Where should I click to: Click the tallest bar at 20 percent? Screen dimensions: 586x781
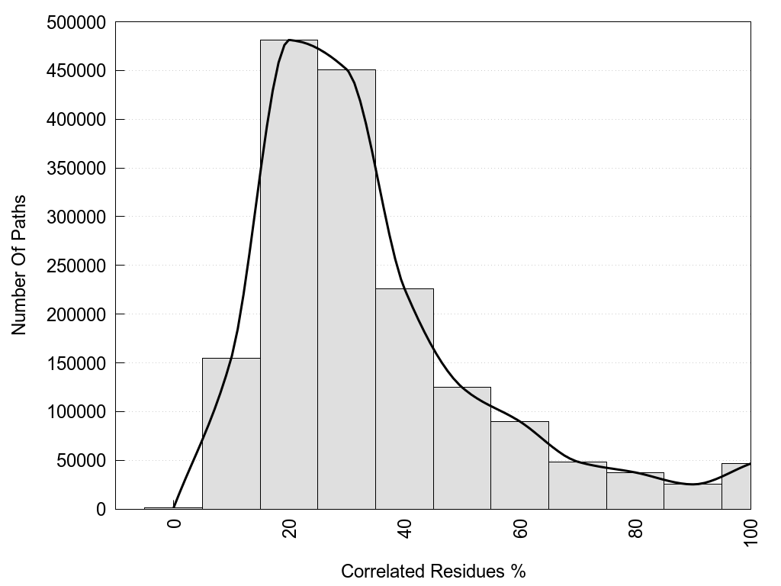pos(289,275)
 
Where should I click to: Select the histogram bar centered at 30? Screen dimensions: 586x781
pos(346,290)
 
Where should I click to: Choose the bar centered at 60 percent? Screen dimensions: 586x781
pos(519,465)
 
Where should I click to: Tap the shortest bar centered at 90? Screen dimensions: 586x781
pos(693,497)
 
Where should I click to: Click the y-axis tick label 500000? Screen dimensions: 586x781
pos(76,22)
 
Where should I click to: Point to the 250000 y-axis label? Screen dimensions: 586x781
pos(76,266)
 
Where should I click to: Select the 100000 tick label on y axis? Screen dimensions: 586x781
pos(76,412)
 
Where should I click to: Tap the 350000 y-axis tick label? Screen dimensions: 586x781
pos(76,169)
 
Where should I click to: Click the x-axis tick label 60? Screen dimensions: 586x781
pos(520,529)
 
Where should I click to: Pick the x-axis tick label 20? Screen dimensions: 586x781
pos(289,529)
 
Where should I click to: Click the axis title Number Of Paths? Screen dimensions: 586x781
pos(19,265)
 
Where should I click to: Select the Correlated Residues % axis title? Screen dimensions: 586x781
pos(433,571)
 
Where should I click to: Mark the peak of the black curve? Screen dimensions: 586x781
pos(290,40)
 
